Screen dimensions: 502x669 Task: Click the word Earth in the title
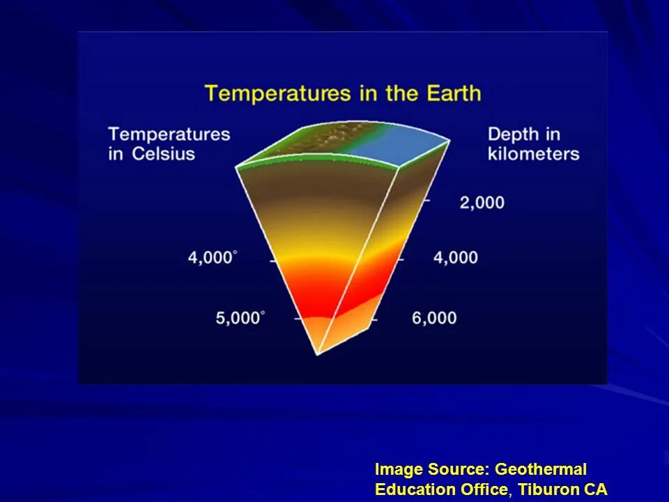pos(449,93)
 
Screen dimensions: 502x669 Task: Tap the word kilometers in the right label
pos(534,153)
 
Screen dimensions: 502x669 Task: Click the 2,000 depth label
pos(482,203)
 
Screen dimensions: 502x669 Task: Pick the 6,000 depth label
pos(434,319)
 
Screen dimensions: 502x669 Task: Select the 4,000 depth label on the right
pos(456,258)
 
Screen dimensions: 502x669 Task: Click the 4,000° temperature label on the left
pos(212,258)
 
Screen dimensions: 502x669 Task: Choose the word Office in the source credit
pos(484,489)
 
